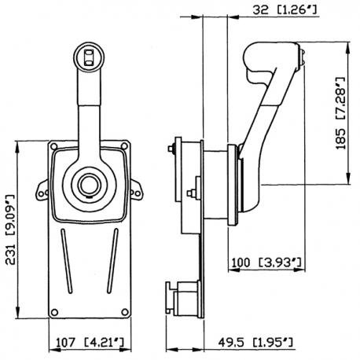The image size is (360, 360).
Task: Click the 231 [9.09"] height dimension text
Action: pyautogui.click(x=10, y=230)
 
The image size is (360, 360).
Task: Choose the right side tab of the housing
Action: pyautogui.click(x=134, y=186)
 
